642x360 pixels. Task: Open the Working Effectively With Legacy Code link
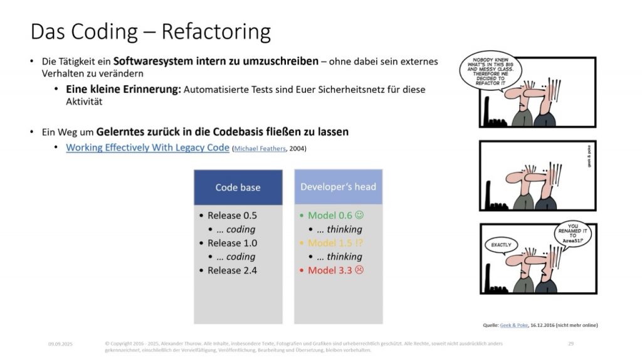point(147,148)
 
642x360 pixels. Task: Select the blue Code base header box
point(238,187)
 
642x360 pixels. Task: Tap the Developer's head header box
point(338,187)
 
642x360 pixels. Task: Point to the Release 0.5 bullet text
point(232,215)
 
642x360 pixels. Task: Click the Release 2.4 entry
point(232,270)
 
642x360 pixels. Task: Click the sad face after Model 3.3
point(360,270)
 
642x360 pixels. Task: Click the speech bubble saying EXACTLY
point(501,244)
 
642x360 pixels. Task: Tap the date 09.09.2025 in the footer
point(60,344)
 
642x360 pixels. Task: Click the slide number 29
point(571,344)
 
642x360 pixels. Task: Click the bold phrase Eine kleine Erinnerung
point(123,89)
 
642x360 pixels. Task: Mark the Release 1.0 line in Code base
point(232,243)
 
